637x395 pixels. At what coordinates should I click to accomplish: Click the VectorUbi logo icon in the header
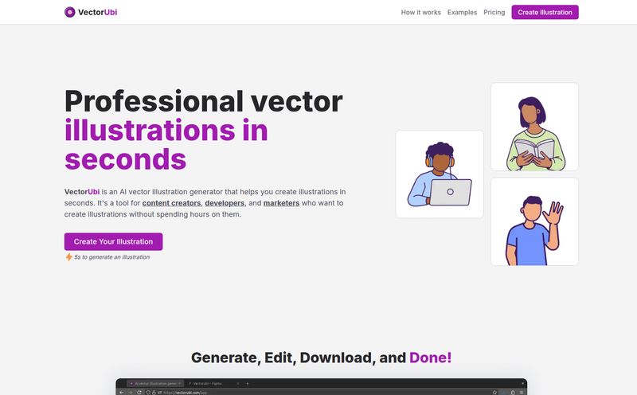pyautogui.click(x=70, y=12)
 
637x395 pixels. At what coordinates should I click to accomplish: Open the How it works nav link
pyautogui.click(x=420, y=13)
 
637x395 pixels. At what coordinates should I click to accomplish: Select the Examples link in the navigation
pyautogui.click(x=462, y=13)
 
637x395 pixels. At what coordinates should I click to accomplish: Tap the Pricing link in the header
pyautogui.click(x=494, y=13)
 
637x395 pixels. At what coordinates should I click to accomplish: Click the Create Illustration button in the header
pyautogui.click(x=545, y=13)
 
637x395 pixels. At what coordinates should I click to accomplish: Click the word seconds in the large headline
pyautogui.click(x=125, y=158)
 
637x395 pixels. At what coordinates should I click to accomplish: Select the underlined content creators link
pyautogui.click(x=171, y=203)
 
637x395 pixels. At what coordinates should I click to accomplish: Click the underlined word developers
pyautogui.click(x=225, y=203)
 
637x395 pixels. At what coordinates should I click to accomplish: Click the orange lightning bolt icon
pyautogui.click(x=69, y=257)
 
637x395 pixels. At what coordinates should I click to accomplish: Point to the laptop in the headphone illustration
pyautogui.click(x=450, y=192)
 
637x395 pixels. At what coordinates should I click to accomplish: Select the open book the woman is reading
pyautogui.click(x=534, y=148)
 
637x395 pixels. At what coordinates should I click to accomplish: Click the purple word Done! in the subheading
pyautogui.click(x=430, y=358)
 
